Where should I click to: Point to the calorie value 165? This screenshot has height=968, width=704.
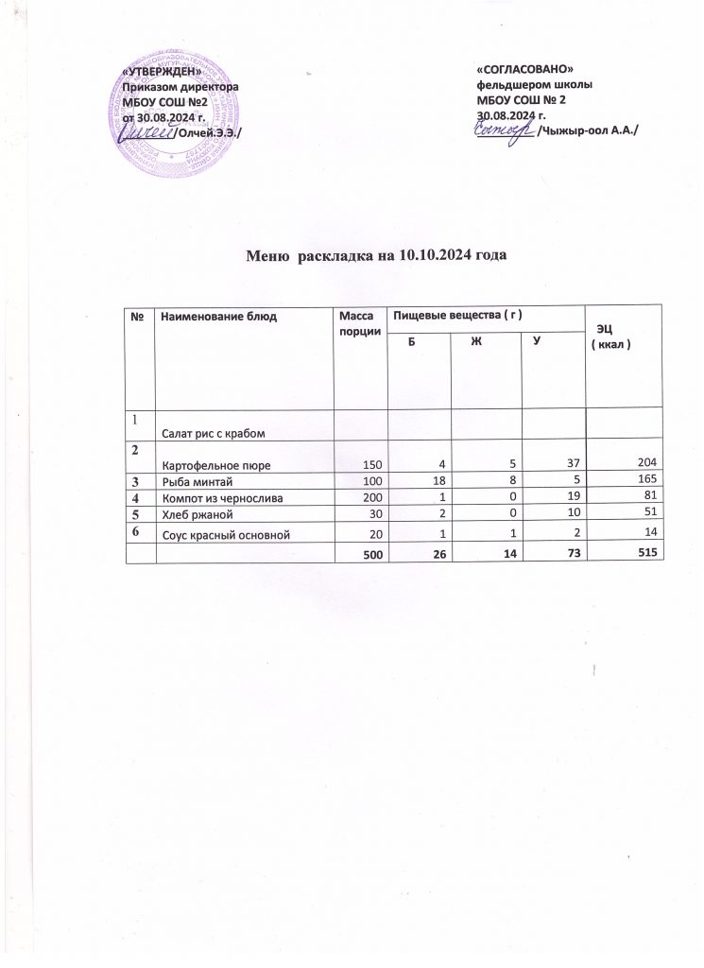[646, 480]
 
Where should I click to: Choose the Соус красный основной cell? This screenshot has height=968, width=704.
[223, 535]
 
